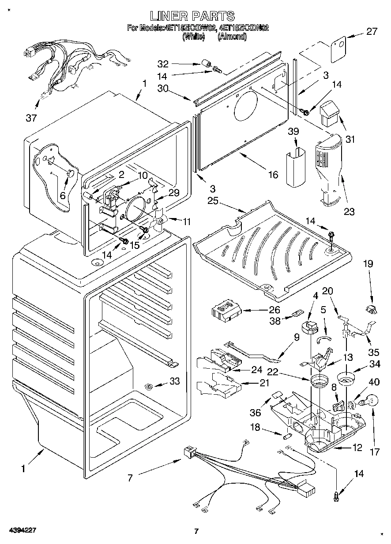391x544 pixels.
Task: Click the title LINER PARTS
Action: click(192, 16)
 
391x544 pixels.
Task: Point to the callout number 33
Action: click(175, 381)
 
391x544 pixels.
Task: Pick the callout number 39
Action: click(294, 132)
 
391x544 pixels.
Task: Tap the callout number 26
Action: click(274, 310)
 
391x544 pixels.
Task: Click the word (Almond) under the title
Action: click(232, 37)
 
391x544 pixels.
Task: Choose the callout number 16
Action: click(273, 175)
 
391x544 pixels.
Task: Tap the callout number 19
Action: click(368, 264)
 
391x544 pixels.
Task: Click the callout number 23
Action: click(349, 211)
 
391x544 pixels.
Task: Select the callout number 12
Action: click(357, 448)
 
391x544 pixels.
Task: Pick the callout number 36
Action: click(255, 413)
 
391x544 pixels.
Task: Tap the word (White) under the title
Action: click(194, 37)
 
